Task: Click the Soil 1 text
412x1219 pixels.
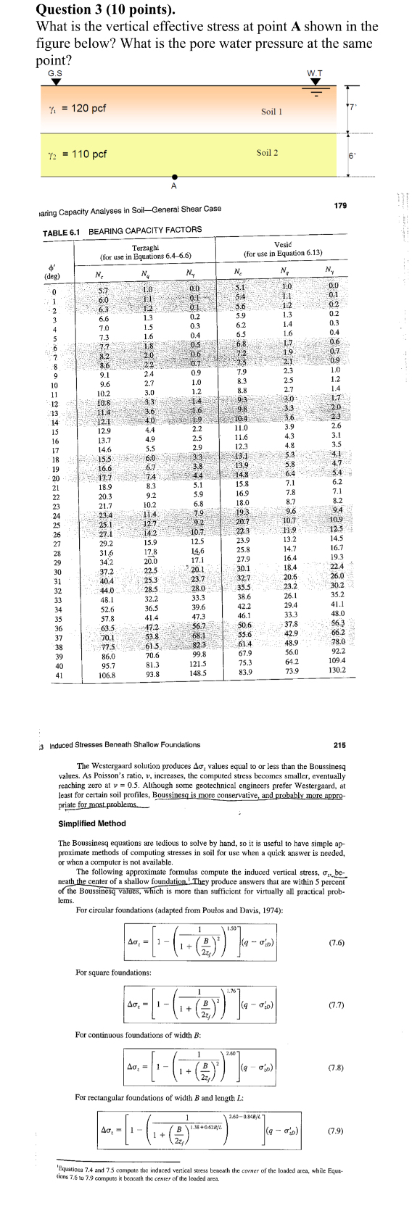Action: click(x=271, y=112)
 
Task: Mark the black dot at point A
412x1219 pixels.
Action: click(x=173, y=177)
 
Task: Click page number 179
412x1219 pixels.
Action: click(x=340, y=206)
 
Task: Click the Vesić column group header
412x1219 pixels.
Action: click(x=283, y=245)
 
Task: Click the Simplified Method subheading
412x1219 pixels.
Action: click(x=91, y=823)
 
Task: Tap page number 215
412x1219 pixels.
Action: click(x=339, y=744)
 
